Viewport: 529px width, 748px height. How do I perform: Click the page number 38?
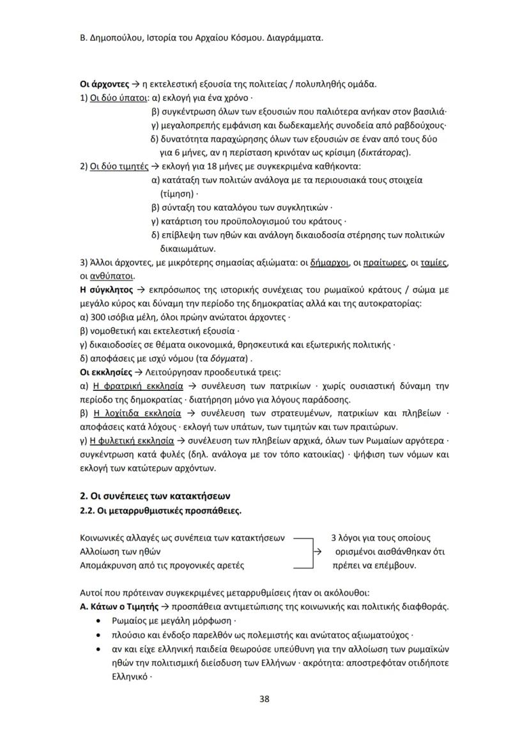(x=264, y=698)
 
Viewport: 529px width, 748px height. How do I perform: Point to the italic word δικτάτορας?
(x=383, y=153)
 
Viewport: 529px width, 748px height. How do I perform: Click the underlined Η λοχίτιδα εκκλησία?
(x=137, y=413)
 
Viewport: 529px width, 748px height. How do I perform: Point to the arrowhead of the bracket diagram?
(x=317, y=552)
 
